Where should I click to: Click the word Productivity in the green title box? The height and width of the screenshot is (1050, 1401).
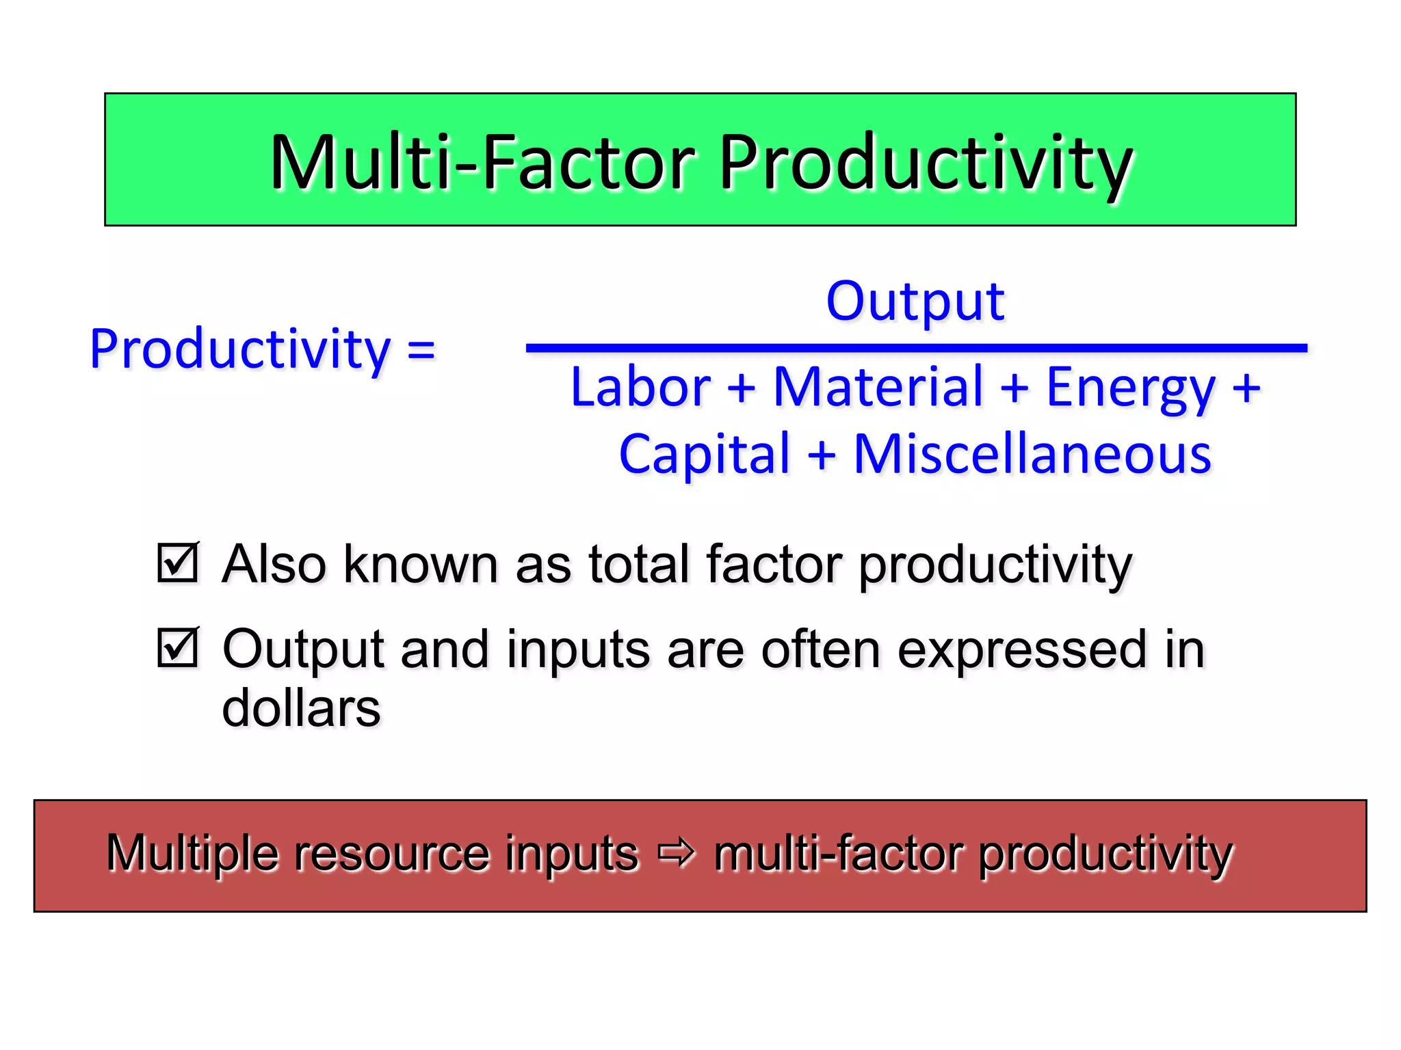(926, 163)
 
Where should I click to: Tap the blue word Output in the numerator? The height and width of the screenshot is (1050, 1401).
(915, 301)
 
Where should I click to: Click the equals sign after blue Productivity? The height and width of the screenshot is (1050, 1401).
(421, 350)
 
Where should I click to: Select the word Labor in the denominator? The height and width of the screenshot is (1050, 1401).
(640, 387)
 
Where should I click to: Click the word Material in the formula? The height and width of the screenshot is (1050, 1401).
(878, 387)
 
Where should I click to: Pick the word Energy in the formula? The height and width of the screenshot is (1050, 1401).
(1130, 387)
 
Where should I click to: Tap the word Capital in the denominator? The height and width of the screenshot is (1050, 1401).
(705, 454)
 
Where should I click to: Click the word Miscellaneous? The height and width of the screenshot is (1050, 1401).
(1032, 454)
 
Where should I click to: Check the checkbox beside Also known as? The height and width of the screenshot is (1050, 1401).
(178, 563)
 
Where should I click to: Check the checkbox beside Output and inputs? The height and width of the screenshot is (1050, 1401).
(178, 647)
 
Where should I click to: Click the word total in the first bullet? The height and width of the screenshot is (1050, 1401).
(638, 564)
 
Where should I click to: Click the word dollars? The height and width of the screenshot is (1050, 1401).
(301, 708)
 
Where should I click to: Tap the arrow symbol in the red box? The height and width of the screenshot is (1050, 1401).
(676, 853)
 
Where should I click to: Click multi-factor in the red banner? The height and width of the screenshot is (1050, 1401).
(839, 853)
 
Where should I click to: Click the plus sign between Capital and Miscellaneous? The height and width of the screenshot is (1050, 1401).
(822, 454)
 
